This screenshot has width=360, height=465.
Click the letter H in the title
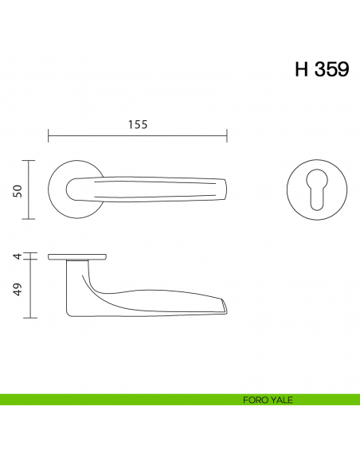pos(302,69)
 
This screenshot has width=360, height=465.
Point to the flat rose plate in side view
pos(77,256)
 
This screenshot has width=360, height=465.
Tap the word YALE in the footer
pos(281,400)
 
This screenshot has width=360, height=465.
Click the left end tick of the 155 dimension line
pos(49,135)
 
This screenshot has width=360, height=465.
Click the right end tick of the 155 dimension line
pos(228,135)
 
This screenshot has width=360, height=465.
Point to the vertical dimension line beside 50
pos(29,190)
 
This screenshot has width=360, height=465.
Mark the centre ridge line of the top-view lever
pos(151,190)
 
